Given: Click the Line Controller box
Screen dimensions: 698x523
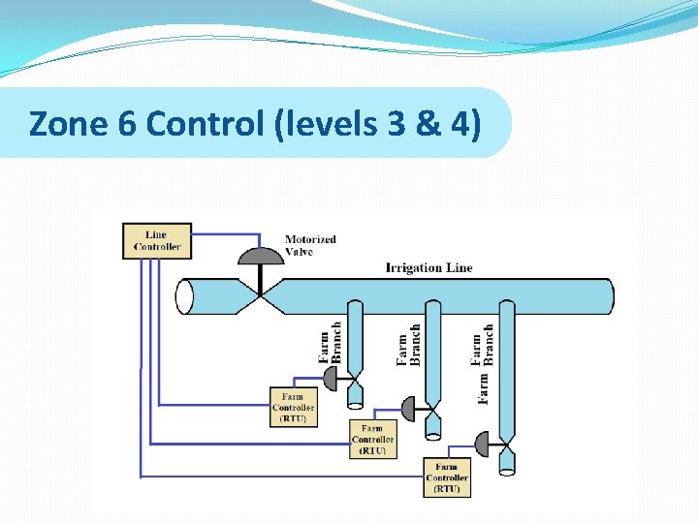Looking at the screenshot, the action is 157,240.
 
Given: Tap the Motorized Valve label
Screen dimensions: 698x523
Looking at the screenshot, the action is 310,245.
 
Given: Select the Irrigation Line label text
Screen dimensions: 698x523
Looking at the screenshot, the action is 428,267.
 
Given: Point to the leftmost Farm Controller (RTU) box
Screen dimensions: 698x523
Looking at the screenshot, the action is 293,408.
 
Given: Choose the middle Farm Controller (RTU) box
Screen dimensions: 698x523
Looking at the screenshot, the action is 372,440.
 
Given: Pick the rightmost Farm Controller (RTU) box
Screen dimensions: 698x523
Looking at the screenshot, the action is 447,477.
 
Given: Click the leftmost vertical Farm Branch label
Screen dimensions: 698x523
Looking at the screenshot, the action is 331,343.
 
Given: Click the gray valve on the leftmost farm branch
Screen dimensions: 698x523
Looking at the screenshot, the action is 332,379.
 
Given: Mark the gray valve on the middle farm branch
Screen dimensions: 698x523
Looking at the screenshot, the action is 409,410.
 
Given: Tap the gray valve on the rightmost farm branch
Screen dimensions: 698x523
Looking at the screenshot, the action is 483,445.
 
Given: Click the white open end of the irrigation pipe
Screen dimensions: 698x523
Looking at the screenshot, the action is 185,296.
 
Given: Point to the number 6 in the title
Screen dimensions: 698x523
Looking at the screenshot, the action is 107,124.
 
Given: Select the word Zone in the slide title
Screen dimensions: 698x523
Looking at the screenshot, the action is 60,124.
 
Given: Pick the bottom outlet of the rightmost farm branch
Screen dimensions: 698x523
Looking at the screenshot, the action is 507,465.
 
